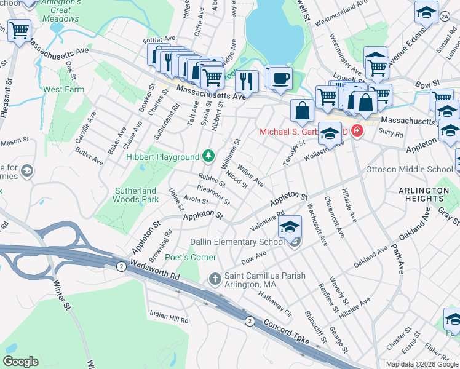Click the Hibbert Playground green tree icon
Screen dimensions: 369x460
208,157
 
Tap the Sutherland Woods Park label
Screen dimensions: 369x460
137,195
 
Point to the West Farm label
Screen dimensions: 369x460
63,90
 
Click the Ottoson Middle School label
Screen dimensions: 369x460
418,169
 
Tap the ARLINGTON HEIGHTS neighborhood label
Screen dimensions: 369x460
423,195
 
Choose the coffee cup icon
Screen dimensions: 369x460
281,78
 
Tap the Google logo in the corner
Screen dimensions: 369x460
20,362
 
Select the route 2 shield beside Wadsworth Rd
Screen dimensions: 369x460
121,266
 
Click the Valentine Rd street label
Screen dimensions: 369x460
266,219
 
